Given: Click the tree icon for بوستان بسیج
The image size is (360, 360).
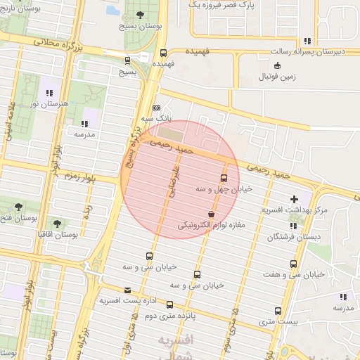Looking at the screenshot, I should tap(141, 14).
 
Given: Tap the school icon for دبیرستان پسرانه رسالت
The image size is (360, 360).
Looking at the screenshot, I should tap(307, 41).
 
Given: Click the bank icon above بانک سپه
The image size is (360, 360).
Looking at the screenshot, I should tap(156, 108).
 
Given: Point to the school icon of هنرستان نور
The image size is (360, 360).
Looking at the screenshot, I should tap(49, 93).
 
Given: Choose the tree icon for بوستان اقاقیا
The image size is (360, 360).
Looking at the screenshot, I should tap(57, 223).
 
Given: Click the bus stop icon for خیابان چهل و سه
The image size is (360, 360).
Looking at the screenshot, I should tap(224, 178).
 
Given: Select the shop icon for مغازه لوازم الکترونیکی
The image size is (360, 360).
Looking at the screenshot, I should tap(211, 214).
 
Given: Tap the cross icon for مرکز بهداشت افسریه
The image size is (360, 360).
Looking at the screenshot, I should tap(294, 199).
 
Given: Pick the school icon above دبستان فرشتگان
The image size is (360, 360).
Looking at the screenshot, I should tap(293, 226).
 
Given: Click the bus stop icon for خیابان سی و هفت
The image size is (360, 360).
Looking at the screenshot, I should tap(293, 264).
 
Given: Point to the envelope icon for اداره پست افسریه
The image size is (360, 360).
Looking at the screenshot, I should tap(127, 290).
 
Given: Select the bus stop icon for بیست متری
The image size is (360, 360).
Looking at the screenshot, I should tap(278, 310).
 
